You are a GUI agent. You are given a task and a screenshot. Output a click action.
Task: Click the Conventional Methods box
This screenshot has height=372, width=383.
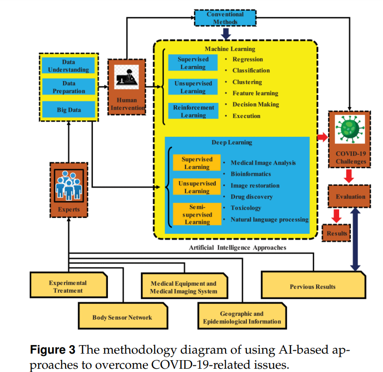225,18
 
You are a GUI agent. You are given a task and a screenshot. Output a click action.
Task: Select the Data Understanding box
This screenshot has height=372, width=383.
68,66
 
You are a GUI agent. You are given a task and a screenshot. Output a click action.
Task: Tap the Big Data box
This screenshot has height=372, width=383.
69,110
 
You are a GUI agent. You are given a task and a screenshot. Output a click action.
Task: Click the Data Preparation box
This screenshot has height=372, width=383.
69,87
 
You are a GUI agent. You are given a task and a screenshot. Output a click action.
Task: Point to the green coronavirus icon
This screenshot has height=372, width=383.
350,129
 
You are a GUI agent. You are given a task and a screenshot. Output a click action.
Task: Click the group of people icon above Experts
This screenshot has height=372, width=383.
69,185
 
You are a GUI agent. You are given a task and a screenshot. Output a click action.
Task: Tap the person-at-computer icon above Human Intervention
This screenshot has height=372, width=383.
126,77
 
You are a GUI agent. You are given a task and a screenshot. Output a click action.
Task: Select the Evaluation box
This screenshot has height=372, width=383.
349,197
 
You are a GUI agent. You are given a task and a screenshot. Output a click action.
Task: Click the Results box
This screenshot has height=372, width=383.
336,233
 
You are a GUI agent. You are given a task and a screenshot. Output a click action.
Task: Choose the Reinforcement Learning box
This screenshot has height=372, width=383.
193,111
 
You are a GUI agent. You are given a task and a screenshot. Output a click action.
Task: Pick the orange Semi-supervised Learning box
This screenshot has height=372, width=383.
197,214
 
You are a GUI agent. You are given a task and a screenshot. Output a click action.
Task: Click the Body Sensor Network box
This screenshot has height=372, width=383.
123,316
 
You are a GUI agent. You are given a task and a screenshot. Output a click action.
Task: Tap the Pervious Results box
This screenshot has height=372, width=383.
313,285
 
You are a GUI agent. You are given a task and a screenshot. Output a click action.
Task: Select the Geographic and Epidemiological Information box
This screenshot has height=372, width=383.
242,316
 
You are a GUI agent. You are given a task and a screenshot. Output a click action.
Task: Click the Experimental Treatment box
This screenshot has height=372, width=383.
69,285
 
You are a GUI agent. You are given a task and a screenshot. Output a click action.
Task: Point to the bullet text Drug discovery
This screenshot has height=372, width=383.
252,197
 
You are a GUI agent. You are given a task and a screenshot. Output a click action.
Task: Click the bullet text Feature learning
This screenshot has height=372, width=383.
255,93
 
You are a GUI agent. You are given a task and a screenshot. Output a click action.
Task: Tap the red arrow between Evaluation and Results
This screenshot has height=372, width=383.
336,216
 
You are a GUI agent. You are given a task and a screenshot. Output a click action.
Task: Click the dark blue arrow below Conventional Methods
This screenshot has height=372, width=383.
226,34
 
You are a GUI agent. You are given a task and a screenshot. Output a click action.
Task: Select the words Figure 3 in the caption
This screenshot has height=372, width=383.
52,349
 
